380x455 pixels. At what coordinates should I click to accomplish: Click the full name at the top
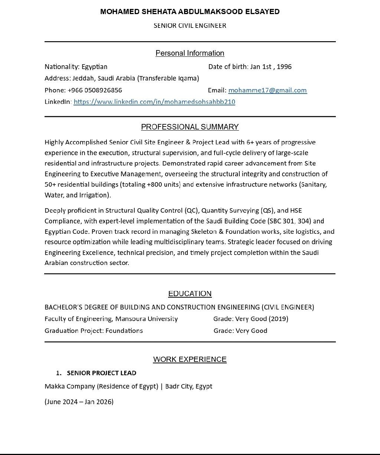190,12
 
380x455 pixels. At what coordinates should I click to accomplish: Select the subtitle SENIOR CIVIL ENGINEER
190,26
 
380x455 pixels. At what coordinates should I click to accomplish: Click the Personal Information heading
190,53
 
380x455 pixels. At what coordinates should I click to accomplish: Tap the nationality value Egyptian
94,67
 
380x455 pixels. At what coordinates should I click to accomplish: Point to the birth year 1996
284,67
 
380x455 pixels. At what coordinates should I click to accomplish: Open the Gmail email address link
267,90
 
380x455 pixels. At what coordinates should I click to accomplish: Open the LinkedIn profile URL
154,102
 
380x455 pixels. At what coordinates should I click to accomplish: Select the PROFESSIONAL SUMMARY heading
190,127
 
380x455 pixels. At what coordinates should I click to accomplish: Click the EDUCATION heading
190,294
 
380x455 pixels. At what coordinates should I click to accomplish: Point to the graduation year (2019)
278,319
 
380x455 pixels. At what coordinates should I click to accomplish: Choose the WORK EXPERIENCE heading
190,359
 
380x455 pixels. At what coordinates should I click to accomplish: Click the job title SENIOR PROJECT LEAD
101,373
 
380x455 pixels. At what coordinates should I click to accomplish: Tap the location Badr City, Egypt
189,386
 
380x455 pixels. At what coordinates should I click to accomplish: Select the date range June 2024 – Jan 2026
79,402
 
